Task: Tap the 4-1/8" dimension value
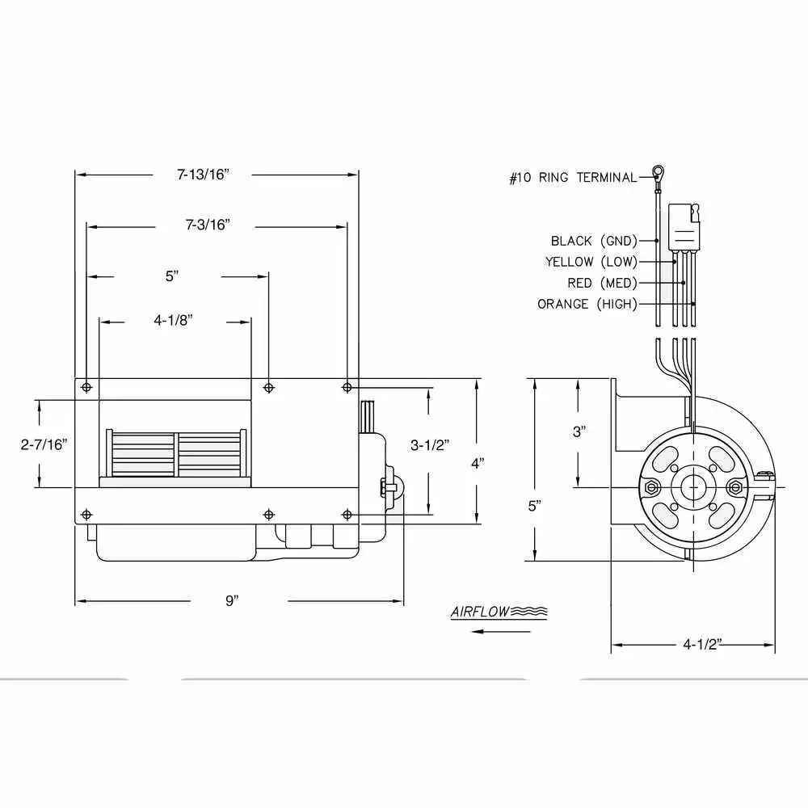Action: click(173, 321)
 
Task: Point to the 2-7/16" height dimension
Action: click(44, 444)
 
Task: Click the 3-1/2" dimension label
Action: click(430, 444)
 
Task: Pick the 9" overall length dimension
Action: click(232, 601)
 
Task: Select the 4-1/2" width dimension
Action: click(702, 645)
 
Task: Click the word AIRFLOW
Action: click(481, 612)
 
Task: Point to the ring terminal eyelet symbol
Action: click(659, 171)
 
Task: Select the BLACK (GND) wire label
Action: click(594, 241)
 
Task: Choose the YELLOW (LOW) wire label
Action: click(591, 262)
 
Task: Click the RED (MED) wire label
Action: click(603, 283)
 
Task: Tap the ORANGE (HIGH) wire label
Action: click(587, 304)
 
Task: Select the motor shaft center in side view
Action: click(692, 488)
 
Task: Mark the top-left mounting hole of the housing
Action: click(86, 388)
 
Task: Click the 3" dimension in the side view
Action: click(578, 431)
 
